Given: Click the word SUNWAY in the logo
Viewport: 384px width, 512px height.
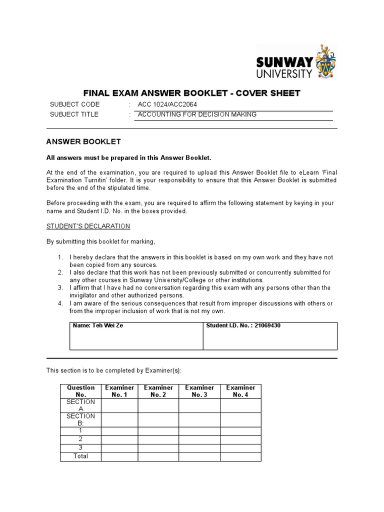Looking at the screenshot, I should [x=284, y=62].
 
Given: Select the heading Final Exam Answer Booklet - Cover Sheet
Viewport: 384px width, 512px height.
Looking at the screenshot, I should [x=191, y=93].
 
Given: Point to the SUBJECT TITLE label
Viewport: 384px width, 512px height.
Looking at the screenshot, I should [x=74, y=114].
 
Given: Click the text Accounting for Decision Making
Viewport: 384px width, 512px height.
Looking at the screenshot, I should [x=197, y=114].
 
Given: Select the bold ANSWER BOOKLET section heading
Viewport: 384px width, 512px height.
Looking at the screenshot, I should [x=83, y=142].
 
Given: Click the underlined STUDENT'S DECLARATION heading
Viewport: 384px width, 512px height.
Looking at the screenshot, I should [x=88, y=226].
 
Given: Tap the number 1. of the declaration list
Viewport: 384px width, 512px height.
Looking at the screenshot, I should [x=60, y=257].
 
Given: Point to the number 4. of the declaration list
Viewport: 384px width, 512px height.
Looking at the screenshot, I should [x=60, y=303].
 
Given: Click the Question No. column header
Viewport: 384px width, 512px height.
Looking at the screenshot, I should [x=80, y=391].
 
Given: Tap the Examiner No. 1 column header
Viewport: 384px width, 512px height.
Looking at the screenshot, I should [x=119, y=391].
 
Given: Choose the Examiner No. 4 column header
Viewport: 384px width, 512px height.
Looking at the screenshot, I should [x=240, y=391].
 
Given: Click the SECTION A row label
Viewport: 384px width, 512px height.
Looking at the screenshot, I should [x=80, y=405].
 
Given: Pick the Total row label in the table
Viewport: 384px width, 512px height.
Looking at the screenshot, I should [x=80, y=456].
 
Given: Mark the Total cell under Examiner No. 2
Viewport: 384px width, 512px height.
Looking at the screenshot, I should [x=158, y=456].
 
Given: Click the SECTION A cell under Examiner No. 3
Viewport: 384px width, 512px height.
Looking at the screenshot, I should [x=199, y=405].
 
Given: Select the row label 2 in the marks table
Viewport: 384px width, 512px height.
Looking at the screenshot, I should [x=80, y=439].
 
